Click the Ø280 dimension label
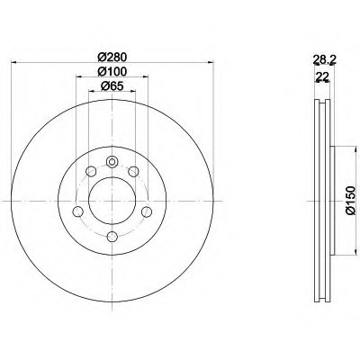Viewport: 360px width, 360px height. pyautogui.click(x=112, y=57)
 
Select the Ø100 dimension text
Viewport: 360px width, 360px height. pyautogui.click(x=112, y=71)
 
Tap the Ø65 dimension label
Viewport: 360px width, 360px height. pyautogui.click(x=112, y=86)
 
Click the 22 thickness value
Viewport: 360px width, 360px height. pyautogui.click(x=322, y=76)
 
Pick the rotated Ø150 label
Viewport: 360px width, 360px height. pyautogui.click(x=350, y=201)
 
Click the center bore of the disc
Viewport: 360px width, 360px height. pyautogui.click(x=112, y=201)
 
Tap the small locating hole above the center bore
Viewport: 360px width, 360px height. pyautogui.click(x=112, y=162)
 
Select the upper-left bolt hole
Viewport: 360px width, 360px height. pyautogui.click(x=91, y=171)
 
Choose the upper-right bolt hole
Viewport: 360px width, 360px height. pyautogui.click(x=133, y=172)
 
